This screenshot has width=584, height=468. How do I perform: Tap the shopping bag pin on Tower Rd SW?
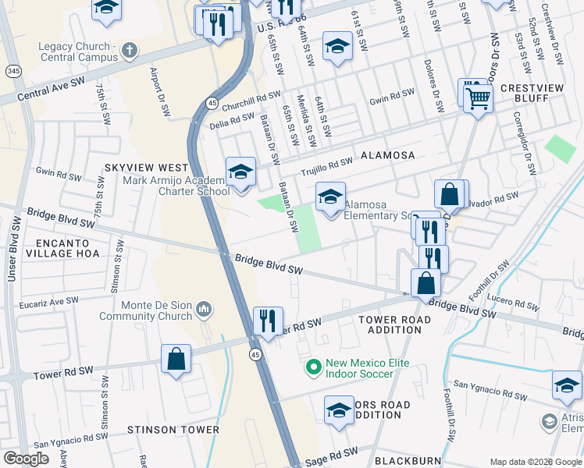(176, 360)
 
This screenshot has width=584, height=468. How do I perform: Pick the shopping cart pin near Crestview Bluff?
(477, 99)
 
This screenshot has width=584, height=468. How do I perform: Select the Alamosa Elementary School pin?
(330, 197)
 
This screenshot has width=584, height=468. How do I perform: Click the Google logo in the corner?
(26, 459)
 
